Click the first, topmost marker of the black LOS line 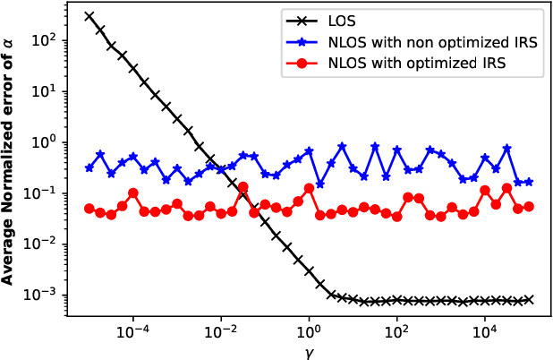coord(89,16)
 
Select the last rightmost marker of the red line coord(528,207)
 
